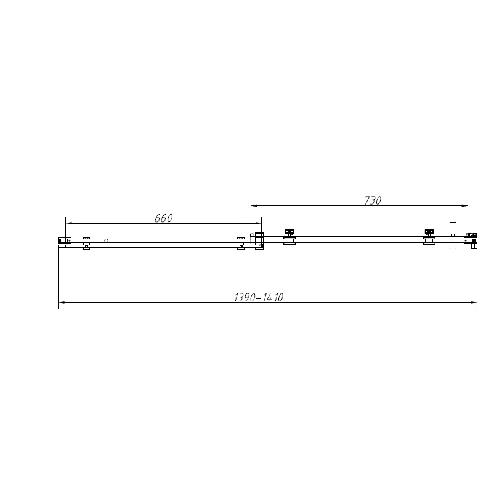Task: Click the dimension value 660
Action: [x=163, y=218]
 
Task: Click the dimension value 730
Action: [x=373, y=200]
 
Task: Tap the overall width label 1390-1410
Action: [x=259, y=297]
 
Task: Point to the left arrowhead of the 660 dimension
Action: [x=70, y=223]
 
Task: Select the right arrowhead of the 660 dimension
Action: [x=258, y=223]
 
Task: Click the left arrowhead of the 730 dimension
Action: [x=254, y=206]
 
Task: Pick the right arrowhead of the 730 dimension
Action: [x=464, y=206]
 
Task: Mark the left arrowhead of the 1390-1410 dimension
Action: [x=62, y=303]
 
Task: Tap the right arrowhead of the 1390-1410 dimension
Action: [x=473, y=303]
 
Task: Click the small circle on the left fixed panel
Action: [x=106, y=240]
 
